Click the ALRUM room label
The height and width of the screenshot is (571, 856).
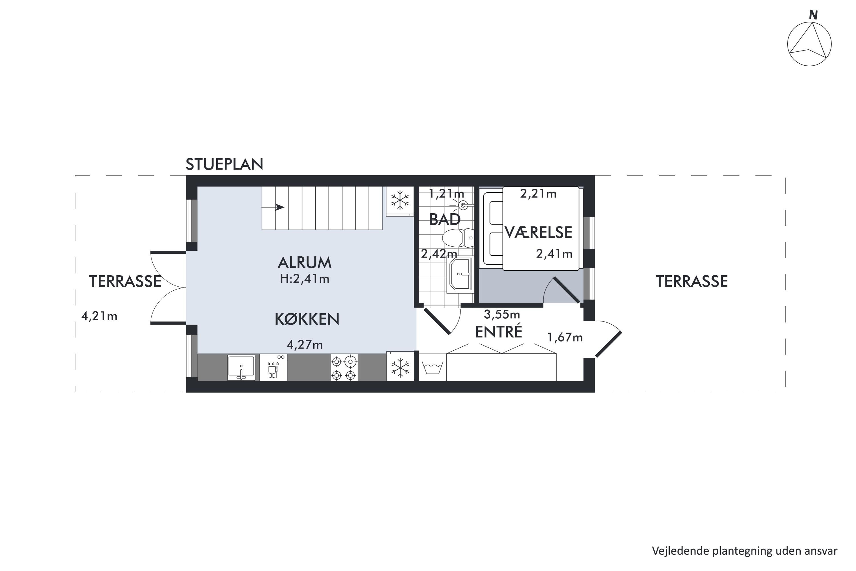[x=305, y=263]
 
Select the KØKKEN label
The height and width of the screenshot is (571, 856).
[x=307, y=319]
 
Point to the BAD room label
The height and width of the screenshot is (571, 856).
[x=445, y=219]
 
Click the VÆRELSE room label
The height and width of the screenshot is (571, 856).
[x=538, y=232]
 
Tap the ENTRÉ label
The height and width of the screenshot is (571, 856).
[x=498, y=331]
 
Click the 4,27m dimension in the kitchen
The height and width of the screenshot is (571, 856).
[x=305, y=345]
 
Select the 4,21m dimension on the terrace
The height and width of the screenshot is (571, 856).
[x=99, y=316]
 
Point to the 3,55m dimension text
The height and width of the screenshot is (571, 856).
[x=502, y=314]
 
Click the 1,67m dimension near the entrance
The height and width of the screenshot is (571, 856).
[x=565, y=337]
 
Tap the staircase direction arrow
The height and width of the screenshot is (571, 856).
[x=273, y=207]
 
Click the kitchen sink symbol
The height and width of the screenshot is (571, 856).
[x=241, y=368]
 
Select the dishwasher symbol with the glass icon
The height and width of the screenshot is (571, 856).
[x=273, y=367]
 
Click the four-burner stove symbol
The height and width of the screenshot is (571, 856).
[x=344, y=368]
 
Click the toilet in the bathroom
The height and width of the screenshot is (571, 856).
[x=458, y=238]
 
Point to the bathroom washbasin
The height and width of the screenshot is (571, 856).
[x=461, y=275]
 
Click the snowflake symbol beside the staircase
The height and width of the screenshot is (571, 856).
[x=400, y=200]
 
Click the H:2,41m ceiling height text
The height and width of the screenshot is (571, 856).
[x=305, y=279]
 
